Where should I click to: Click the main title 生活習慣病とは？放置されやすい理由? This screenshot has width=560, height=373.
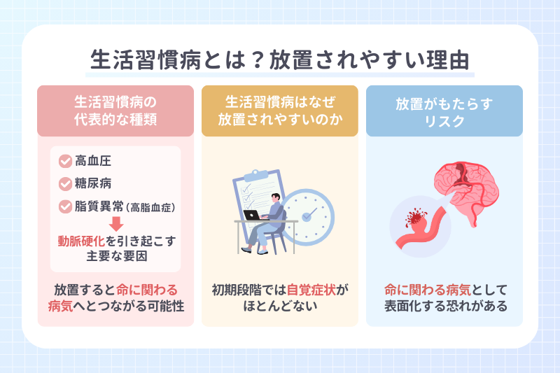point(280,59)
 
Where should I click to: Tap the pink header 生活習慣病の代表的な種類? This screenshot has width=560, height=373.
point(115,111)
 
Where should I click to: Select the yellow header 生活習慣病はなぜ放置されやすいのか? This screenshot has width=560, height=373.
point(279,111)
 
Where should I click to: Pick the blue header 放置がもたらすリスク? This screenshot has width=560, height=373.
point(444,111)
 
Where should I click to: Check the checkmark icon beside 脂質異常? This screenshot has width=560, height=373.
point(66,207)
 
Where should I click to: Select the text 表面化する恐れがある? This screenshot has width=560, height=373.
point(444,307)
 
